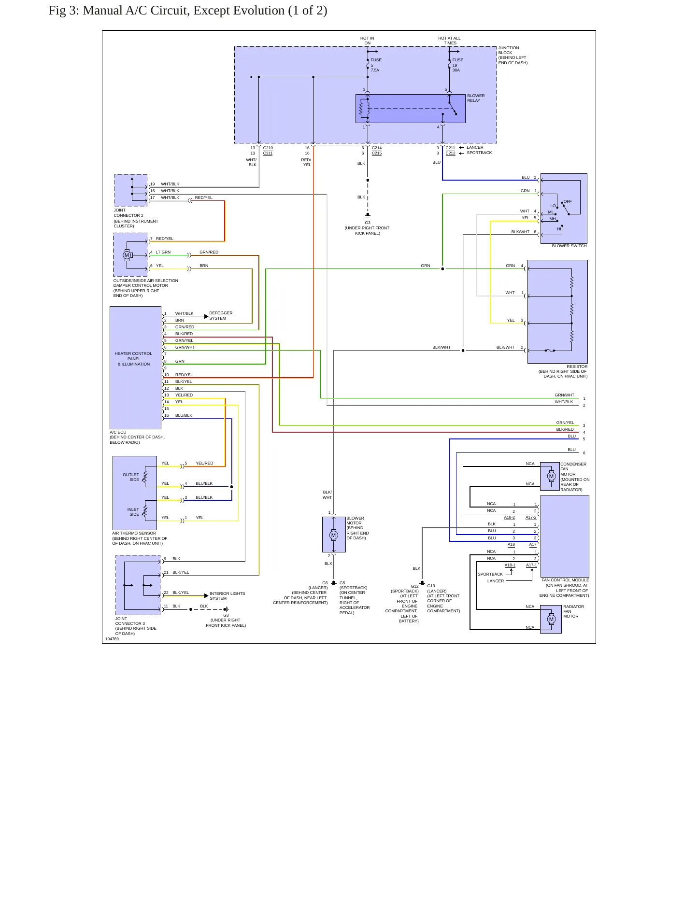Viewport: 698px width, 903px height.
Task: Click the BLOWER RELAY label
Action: pos(475,98)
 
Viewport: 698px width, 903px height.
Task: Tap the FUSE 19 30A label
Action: pos(457,65)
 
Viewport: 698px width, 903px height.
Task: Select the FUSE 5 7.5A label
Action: pos(376,65)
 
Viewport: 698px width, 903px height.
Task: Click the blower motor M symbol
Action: pos(333,535)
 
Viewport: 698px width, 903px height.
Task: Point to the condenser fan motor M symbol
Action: pos(552,476)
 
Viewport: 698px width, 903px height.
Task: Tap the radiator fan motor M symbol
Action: pos(552,619)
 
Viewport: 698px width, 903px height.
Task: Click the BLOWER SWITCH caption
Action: pos(569,246)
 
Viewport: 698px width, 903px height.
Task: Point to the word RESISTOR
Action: pos(577,367)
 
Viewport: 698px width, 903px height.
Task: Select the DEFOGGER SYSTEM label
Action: pos(220,315)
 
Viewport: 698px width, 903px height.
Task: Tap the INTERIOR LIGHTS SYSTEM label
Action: pos(227,595)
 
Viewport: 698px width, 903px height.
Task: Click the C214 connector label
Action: pos(376,148)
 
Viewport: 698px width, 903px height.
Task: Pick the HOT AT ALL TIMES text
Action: pos(449,41)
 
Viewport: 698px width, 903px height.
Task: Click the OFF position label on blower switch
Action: pos(567,201)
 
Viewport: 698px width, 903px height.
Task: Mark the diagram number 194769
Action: pos(112,639)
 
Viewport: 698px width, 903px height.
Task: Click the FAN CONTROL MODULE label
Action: pos(565,580)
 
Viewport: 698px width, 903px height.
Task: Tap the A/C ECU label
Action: pos(118,432)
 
